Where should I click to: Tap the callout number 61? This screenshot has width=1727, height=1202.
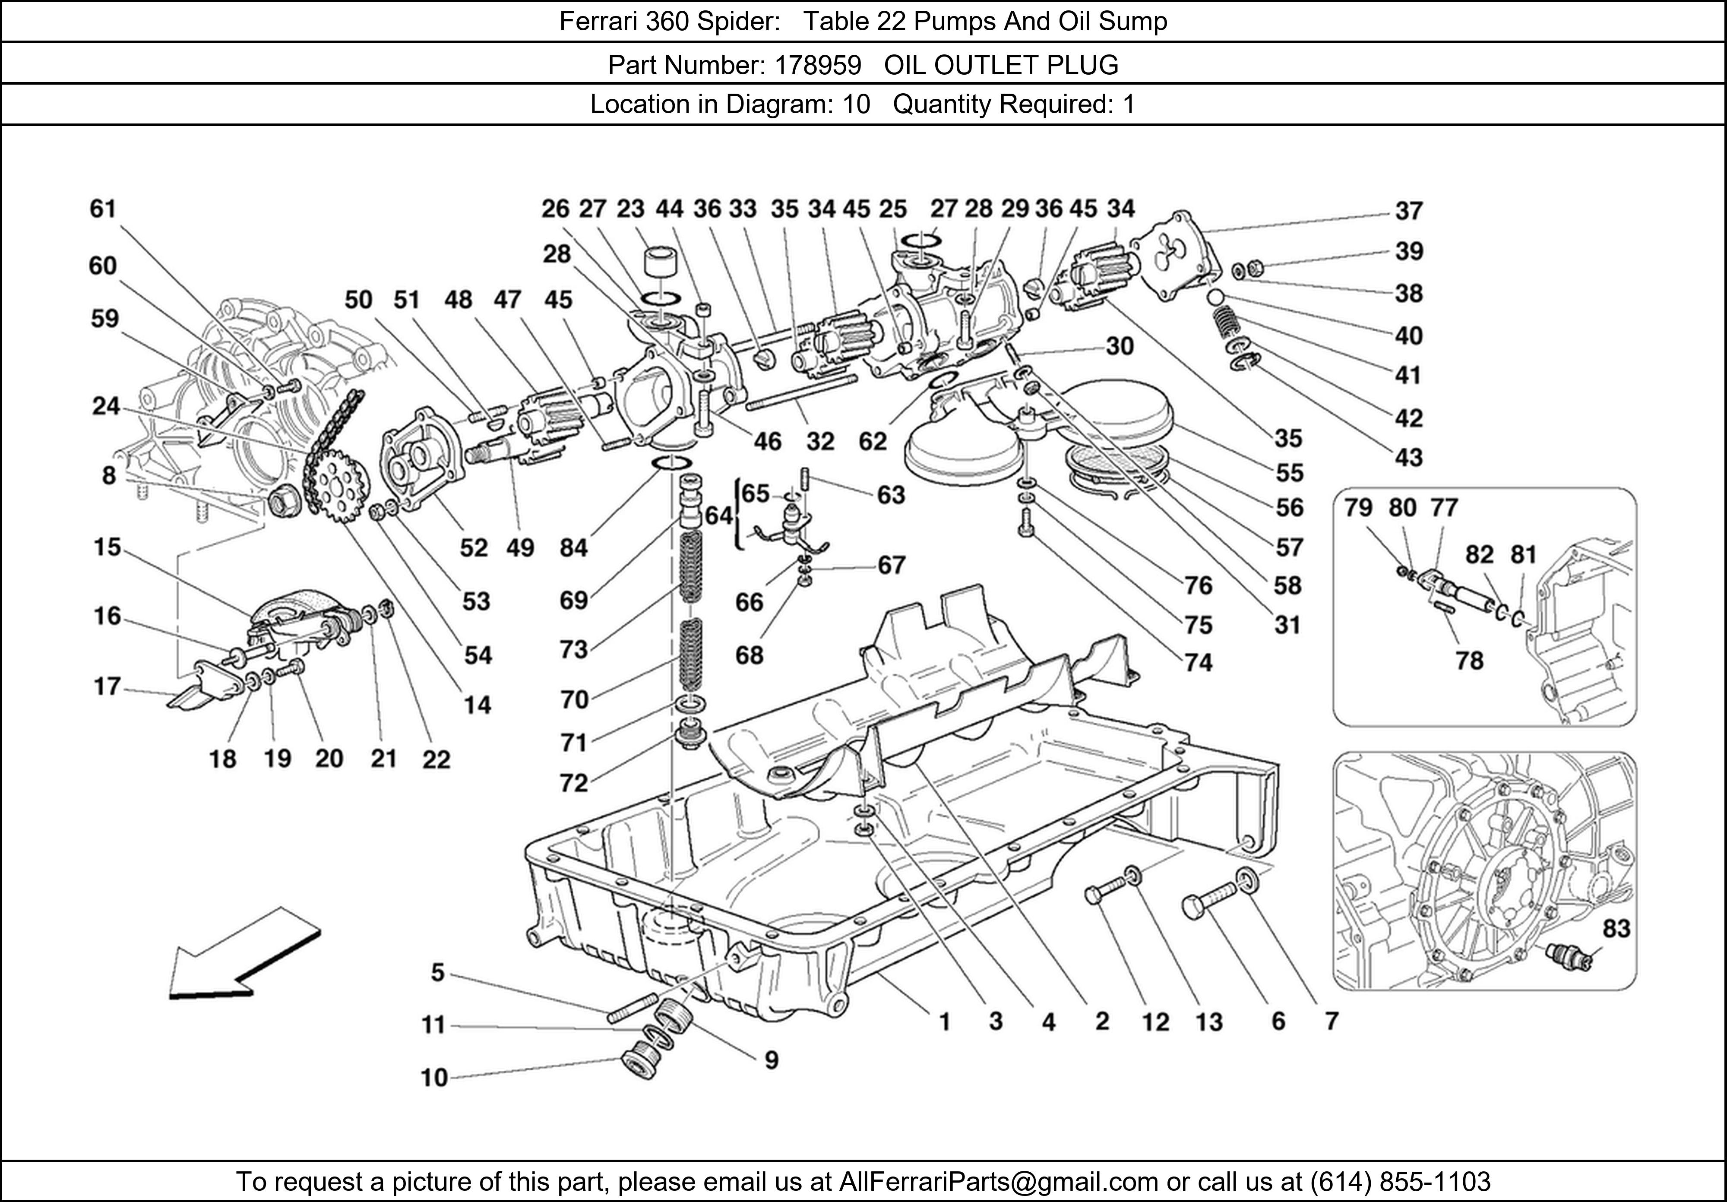[x=103, y=209]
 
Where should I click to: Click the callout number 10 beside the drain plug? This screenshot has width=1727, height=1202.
[x=434, y=1078]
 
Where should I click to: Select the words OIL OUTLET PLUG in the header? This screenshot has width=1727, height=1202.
[x=1001, y=66]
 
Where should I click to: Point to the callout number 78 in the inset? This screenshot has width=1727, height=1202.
[x=1469, y=661]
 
